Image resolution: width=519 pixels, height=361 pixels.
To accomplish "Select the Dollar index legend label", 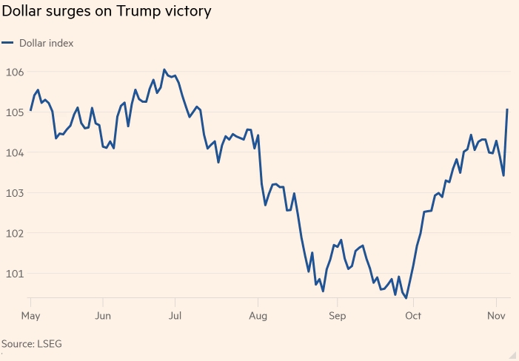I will (46, 43).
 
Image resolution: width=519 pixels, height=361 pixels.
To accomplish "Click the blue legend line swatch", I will (7, 43).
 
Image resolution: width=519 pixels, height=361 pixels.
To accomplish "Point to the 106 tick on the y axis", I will (14, 72).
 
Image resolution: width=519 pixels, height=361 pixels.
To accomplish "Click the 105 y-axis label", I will (14, 112).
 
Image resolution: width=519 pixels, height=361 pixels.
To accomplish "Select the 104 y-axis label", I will (14, 153).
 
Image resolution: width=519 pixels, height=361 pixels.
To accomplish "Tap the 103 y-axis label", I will (14, 193).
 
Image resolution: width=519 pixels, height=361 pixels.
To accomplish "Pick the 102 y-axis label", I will (14, 233).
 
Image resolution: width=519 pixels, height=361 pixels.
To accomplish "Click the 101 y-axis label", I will (14, 274).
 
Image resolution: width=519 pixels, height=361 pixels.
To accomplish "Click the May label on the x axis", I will (31, 315).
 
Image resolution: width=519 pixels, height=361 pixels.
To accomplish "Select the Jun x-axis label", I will (103, 315).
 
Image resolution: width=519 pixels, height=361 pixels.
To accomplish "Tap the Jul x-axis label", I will (175, 315).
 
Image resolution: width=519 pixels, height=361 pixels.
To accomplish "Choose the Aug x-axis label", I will (258, 315).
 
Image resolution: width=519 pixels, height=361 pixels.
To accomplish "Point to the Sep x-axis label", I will (337, 315).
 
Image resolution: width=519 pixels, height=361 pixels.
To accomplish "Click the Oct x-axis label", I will (413, 315).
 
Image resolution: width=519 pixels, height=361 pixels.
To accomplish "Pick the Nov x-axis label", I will (496, 315).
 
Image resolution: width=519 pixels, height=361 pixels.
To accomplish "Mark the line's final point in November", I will (508, 109).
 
